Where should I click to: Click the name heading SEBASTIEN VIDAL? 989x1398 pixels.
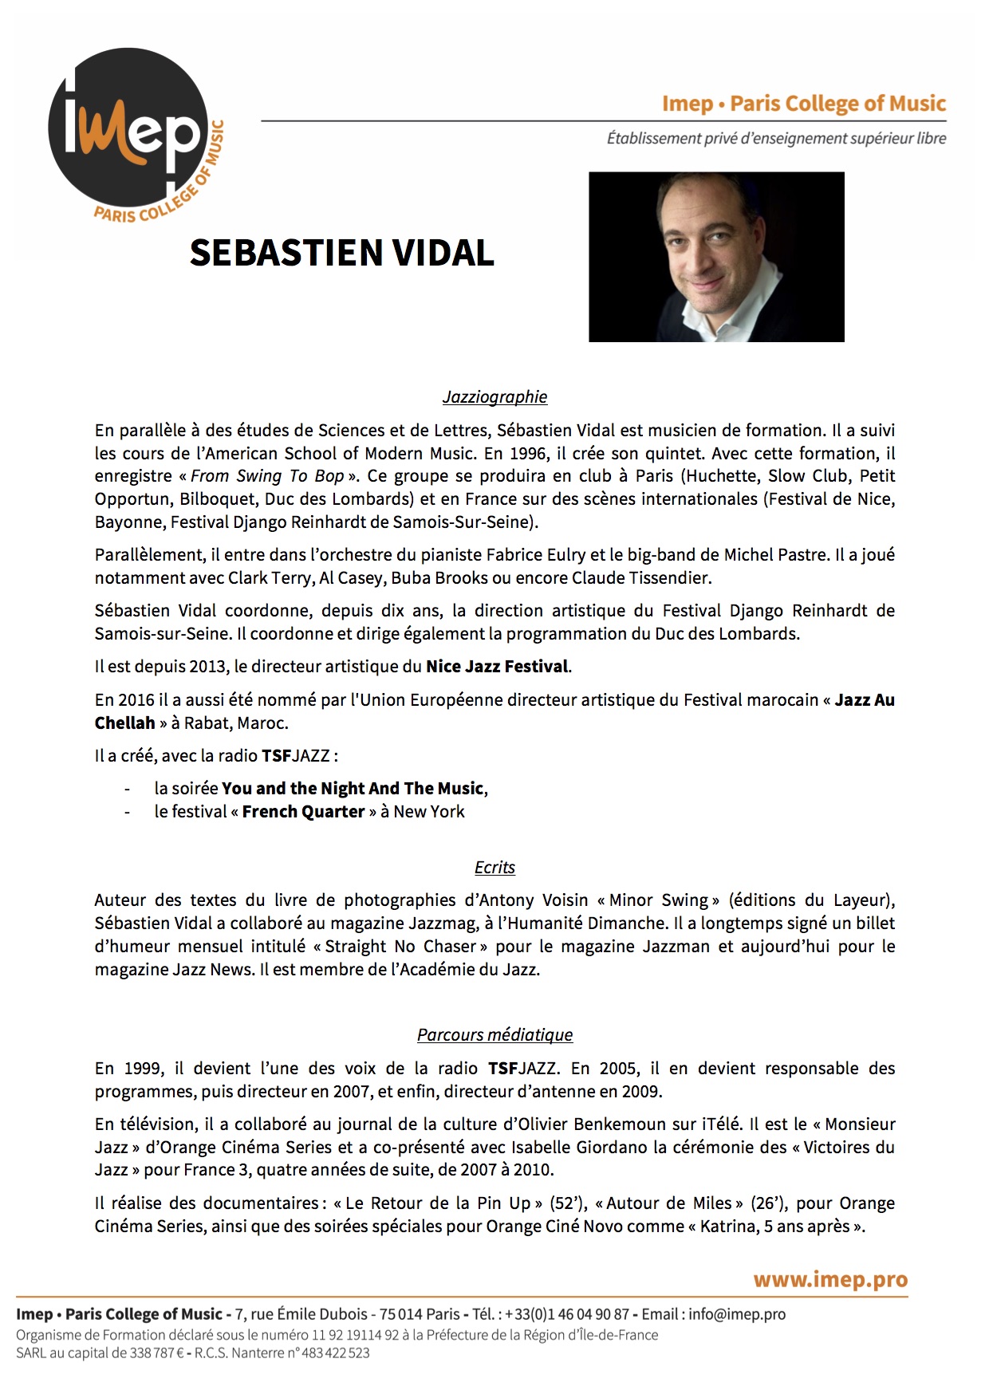tap(341, 253)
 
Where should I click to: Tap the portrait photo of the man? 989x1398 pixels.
tap(715, 257)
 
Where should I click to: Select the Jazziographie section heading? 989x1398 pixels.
tap(494, 397)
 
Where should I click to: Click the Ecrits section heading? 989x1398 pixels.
tap(494, 868)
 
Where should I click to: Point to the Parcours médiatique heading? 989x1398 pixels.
tap(494, 1035)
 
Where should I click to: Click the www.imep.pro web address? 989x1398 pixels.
tap(830, 1280)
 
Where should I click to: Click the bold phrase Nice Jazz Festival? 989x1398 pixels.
tap(498, 667)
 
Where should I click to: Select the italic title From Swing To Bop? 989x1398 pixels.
tap(267, 476)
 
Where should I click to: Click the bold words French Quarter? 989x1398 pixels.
tap(303, 812)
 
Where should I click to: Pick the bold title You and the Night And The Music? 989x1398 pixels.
tap(353, 789)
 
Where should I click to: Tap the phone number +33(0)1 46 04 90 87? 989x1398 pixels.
tap(566, 1314)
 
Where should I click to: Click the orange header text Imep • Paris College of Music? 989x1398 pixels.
tap(803, 104)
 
